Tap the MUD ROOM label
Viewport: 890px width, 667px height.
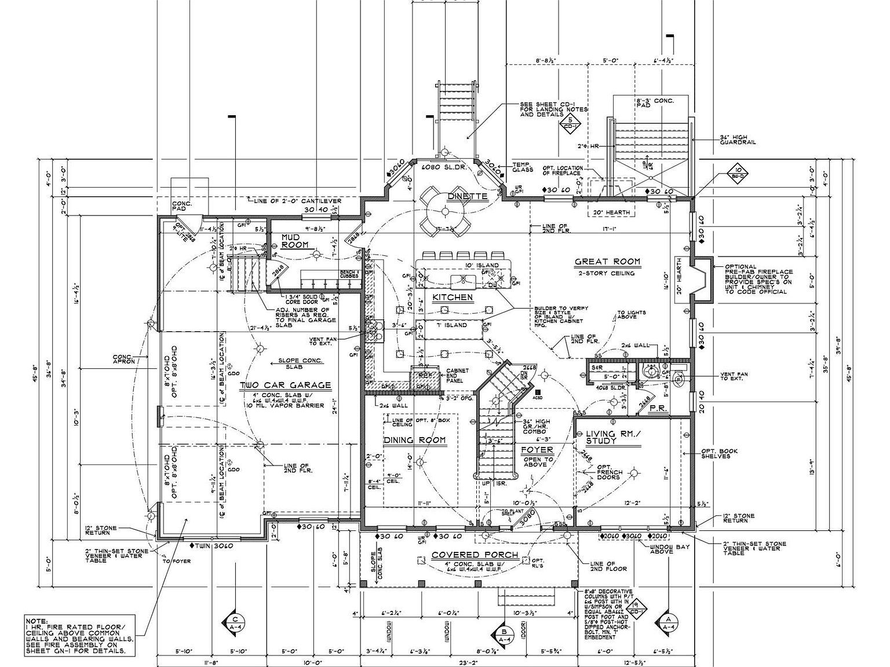(x=295, y=241)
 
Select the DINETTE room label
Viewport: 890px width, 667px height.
(x=467, y=196)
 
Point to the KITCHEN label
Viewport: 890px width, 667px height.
(x=453, y=297)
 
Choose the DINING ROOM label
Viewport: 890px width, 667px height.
(x=415, y=440)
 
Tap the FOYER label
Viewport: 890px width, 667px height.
(x=537, y=449)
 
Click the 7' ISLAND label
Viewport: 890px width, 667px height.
(x=452, y=325)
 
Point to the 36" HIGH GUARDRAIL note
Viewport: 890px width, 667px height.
(x=738, y=140)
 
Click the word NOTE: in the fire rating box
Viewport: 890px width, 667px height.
(x=37, y=620)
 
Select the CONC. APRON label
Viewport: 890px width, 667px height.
(x=123, y=359)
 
